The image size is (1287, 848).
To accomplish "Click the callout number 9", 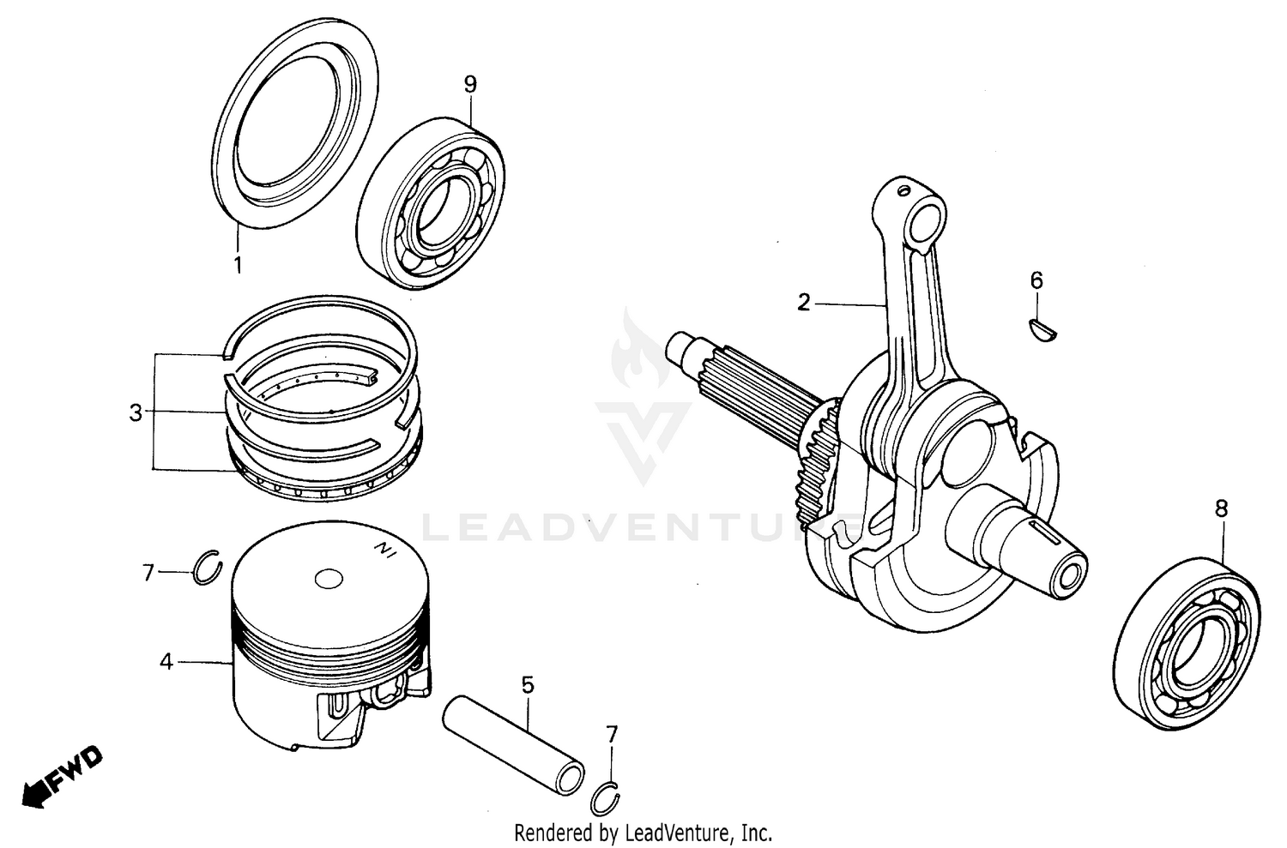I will coord(469,84).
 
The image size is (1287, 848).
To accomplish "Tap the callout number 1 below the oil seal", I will coord(238,265).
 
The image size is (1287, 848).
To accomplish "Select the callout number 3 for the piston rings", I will coord(136,412).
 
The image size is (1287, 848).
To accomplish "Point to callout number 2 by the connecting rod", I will coord(803,303).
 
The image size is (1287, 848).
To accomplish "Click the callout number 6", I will coord(1036,280).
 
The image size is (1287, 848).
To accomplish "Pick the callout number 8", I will coord(1221,508).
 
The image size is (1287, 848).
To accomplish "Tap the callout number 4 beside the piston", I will coord(166,662).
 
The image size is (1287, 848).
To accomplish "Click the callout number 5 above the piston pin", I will coord(527,684).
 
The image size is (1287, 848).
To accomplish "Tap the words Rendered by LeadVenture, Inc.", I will coord(643,832).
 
